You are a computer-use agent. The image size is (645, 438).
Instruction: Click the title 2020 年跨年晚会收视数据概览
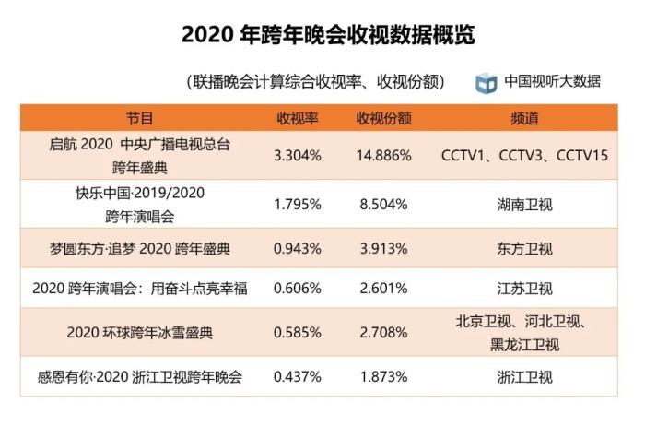pyautogui.click(x=322, y=34)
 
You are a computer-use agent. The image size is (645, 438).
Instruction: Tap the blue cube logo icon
pyautogui.click(x=486, y=82)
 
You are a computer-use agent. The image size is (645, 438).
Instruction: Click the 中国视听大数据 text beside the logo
pyautogui.click(x=552, y=81)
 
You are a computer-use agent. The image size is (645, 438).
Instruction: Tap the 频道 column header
pyautogui.click(x=523, y=119)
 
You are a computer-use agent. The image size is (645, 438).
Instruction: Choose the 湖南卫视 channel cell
pyautogui.click(x=523, y=204)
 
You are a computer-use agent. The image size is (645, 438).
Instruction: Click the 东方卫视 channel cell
pyautogui.click(x=523, y=248)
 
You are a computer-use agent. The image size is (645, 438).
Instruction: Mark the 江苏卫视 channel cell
pyautogui.click(x=523, y=290)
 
